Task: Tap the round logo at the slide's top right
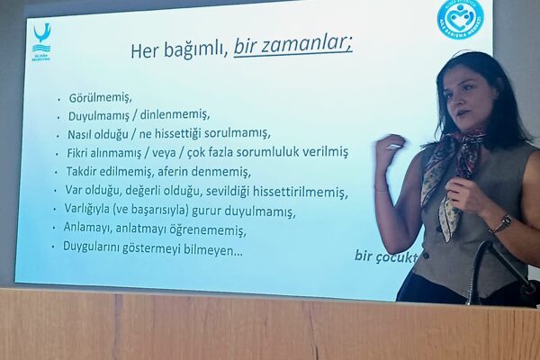coord(459,18)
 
